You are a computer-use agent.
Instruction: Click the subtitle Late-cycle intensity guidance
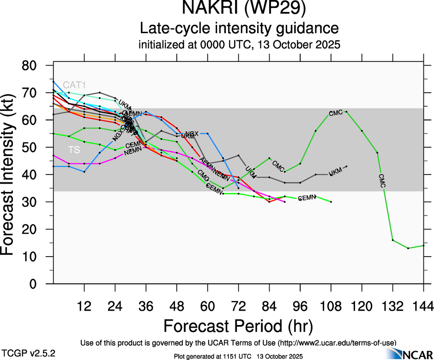(239, 28)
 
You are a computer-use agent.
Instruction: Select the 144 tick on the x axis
(424, 306)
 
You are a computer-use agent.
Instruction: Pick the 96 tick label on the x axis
(300, 306)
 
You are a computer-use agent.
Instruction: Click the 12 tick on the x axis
(84, 306)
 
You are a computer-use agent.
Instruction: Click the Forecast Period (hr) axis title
(238, 326)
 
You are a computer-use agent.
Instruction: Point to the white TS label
(74, 150)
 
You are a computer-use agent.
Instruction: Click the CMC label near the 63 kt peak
(336, 113)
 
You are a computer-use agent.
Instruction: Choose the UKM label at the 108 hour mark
(336, 174)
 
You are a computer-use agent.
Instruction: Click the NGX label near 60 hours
(192, 134)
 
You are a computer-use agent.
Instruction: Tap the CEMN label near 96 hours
(306, 198)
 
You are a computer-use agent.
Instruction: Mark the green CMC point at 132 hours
(393, 240)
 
